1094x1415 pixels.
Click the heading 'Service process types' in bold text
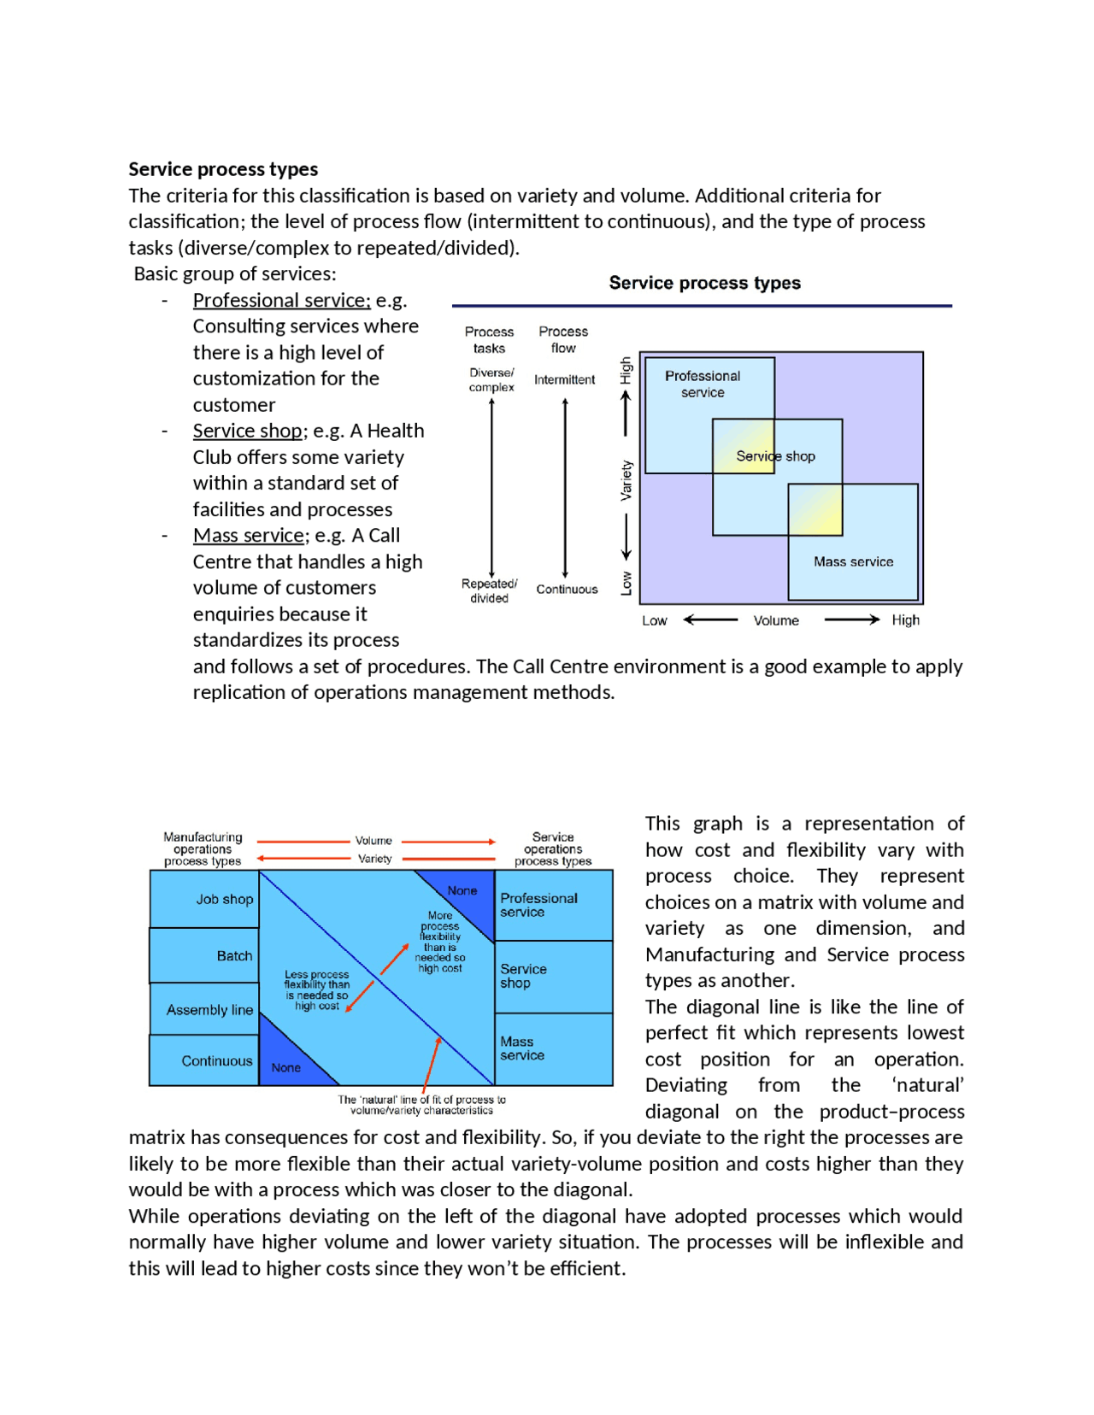point(223,169)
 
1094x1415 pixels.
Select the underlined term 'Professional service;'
point(281,301)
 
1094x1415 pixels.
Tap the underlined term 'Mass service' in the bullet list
point(249,536)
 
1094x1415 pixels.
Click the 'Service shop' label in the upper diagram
point(775,456)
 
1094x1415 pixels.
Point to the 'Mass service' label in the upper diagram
point(853,562)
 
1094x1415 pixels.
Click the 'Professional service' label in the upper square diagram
point(703,385)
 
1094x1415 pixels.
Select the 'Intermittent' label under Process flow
point(564,380)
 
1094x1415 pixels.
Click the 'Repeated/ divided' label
point(489,591)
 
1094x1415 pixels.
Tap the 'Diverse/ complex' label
point(491,380)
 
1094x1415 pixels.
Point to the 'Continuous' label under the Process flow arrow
point(567,590)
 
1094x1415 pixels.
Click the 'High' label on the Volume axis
point(905,620)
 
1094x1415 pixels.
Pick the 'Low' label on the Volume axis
point(654,621)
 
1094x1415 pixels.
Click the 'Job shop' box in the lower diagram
point(205,899)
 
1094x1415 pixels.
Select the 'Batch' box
point(205,956)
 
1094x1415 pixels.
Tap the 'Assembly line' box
point(205,1010)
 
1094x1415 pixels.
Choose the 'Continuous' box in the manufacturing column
point(205,1061)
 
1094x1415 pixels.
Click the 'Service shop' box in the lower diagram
point(553,977)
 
